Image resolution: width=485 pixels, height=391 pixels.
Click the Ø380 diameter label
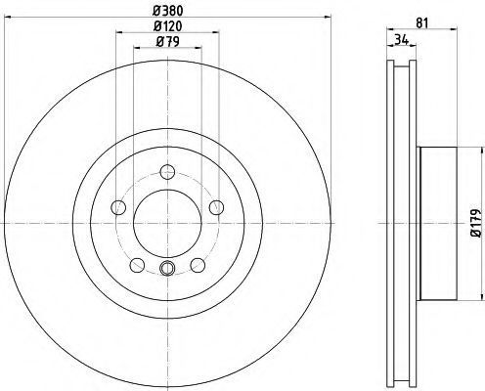click(x=168, y=11)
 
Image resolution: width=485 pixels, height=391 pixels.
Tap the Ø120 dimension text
click(x=168, y=26)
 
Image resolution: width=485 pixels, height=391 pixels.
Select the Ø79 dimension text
click(x=168, y=42)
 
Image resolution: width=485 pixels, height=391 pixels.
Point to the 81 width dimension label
click(x=421, y=23)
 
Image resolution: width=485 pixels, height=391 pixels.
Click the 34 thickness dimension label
click(x=402, y=40)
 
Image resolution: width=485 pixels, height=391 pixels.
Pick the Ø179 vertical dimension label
click(x=476, y=223)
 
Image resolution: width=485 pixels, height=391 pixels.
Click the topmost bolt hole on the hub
click(x=167, y=172)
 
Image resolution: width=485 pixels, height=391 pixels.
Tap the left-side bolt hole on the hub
click(x=118, y=207)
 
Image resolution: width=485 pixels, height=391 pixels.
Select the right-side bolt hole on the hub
click(x=216, y=207)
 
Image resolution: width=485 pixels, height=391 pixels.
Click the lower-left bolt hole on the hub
click(x=137, y=265)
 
